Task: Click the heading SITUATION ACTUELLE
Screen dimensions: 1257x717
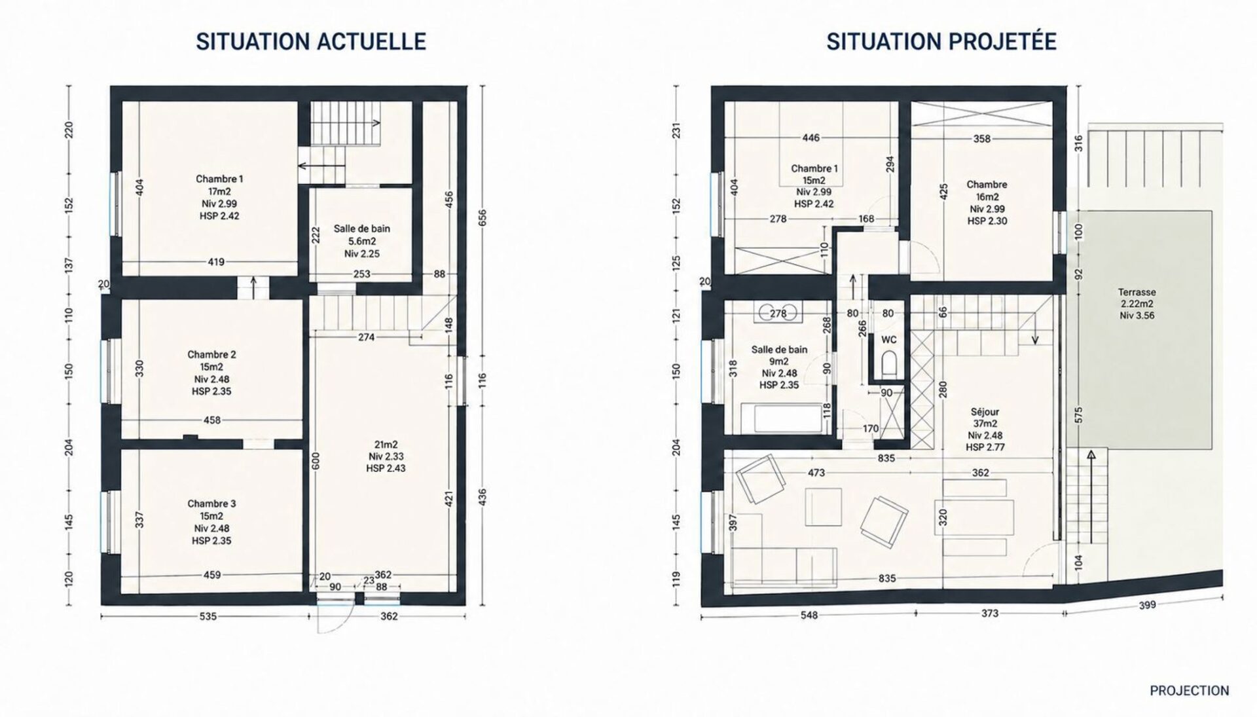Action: coord(311,41)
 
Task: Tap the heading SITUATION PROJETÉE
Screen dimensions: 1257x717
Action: coord(941,41)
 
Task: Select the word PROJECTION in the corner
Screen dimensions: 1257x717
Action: coord(1189,691)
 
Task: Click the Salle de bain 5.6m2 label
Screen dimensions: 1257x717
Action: coord(362,241)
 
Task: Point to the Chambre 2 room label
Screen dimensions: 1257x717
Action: coord(211,373)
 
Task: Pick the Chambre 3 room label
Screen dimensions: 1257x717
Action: coord(211,522)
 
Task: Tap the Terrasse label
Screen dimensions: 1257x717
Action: coord(1137,304)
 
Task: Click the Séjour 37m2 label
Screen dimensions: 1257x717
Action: coord(985,430)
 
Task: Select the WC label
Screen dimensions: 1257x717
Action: coord(888,340)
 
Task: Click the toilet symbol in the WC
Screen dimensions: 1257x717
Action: coord(889,365)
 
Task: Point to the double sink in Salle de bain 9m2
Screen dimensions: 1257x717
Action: coord(778,314)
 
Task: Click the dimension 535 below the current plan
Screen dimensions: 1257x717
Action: coord(208,616)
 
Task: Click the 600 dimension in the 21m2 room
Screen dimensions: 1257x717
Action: coord(315,462)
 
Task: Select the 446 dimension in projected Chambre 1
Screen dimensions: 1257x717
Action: coord(811,138)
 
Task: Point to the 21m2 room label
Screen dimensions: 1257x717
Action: coord(385,456)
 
